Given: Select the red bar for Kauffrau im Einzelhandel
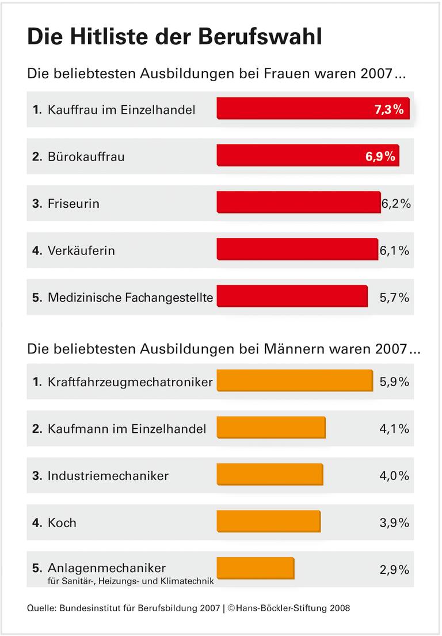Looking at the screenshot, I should [x=294, y=109].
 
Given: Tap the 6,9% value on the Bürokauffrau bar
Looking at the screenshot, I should [x=380, y=156].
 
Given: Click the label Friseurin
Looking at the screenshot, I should [x=73, y=204].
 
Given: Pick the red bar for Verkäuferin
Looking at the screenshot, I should [x=296, y=250].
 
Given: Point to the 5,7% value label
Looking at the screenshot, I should [x=394, y=298].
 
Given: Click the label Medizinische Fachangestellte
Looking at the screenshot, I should [x=130, y=298].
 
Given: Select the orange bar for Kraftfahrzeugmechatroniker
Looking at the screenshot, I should [x=294, y=381].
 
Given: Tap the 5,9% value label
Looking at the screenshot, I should [x=394, y=382].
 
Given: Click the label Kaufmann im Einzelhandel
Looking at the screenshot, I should [x=127, y=428].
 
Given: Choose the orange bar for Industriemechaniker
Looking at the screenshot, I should [x=269, y=475].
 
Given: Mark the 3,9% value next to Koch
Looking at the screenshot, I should [x=394, y=523].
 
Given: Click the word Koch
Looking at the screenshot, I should [x=62, y=523].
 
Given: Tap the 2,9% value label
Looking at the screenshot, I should [x=394, y=570].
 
